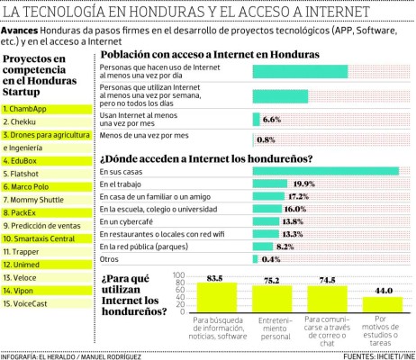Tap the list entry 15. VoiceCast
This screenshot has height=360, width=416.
[32, 303]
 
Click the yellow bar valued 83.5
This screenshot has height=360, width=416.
[217, 296]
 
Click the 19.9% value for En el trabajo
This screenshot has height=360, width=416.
[303, 184]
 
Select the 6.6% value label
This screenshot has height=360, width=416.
[272, 119]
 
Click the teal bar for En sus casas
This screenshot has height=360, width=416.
[326, 171]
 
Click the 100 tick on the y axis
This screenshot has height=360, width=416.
[177, 275]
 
